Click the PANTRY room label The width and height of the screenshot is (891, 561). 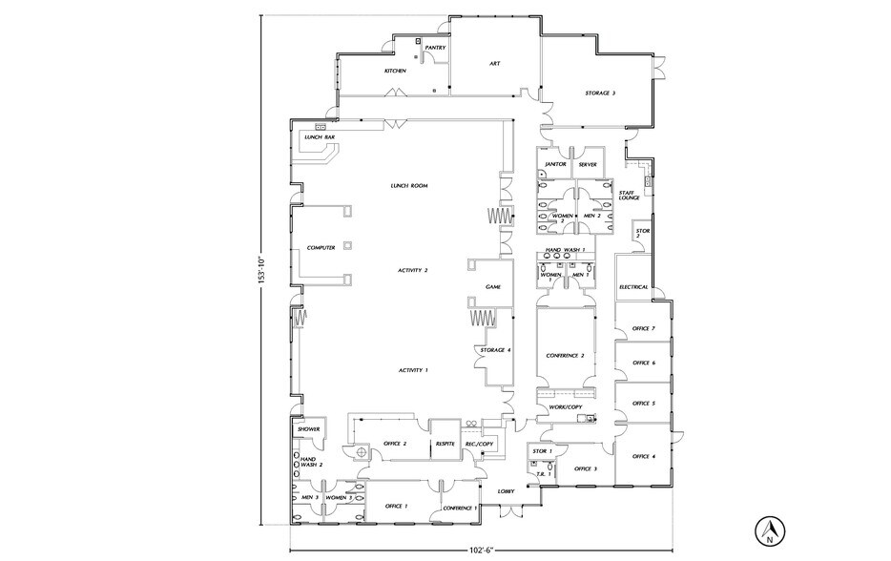(x=436, y=47)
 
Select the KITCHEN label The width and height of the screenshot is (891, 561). (x=396, y=71)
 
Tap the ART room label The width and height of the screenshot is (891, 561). (x=495, y=64)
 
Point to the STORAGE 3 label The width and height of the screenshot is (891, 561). (x=600, y=93)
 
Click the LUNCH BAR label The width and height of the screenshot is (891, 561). (x=319, y=137)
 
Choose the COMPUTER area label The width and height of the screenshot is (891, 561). (x=321, y=247)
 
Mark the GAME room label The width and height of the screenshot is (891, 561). (x=493, y=286)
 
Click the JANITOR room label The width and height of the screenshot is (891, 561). (x=556, y=164)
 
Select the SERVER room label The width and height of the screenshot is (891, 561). (x=588, y=164)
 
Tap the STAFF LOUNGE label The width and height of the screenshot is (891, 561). (x=629, y=195)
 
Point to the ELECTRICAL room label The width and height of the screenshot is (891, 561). (x=633, y=286)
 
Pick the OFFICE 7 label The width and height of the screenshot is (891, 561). (x=644, y=328)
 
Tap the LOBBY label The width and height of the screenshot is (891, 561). (x=507, y=491)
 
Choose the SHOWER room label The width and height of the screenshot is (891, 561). (x=308, y=429)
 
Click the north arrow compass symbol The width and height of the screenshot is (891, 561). (x=768, y=530)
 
